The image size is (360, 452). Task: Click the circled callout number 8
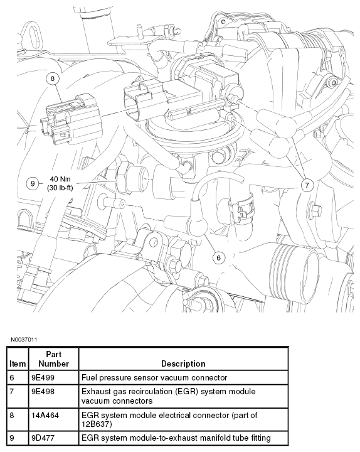53,78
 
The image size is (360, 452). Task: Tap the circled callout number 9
32,183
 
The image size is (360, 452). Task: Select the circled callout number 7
307,185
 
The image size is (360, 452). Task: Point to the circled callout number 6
218,257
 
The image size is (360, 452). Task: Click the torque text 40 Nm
60,180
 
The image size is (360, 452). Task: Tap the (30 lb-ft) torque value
60,188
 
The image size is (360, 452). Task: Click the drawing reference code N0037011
24,340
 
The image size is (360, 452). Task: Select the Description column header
183,363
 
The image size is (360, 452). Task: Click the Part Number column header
53,359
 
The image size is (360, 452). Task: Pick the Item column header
18,363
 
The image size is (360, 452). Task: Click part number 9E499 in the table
43,378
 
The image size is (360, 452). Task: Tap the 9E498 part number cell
43,392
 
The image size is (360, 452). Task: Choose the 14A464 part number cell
45,416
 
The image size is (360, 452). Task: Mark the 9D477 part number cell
43,438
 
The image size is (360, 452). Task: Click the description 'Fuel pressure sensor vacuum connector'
154,378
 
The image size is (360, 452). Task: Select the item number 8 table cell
12,416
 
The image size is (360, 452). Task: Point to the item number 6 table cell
12,378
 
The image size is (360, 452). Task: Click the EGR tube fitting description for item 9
176,438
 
